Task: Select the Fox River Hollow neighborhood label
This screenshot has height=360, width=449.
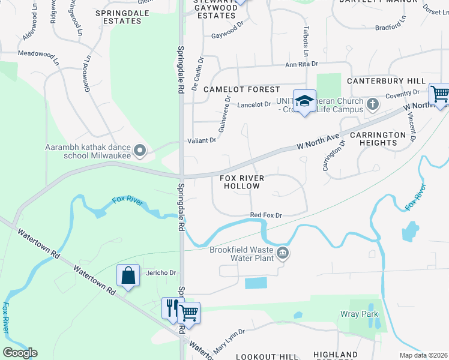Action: coord(240,182)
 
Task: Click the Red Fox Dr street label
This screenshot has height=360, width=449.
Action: coord(266,215)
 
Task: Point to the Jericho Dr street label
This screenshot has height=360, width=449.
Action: coord(161,272)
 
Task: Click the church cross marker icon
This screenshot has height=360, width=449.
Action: coord(372,104)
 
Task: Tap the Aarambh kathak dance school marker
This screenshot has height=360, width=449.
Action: coord(140,151)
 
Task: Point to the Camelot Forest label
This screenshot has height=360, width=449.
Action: coord(241,89)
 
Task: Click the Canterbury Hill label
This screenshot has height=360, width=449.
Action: coord(386,81)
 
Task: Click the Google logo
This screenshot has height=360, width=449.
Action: coord(20,353)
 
